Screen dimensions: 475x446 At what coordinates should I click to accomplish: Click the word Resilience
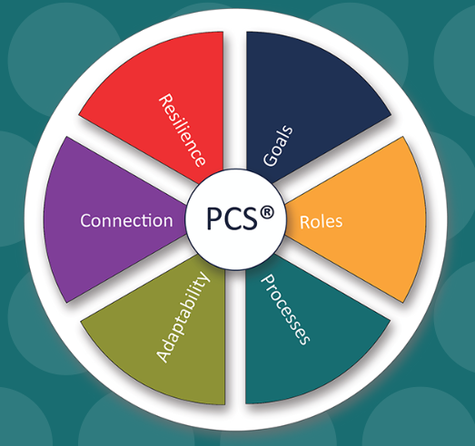[183, 130]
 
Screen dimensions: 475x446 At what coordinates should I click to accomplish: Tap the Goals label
[278, 145]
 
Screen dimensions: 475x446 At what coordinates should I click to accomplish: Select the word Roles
[322, 221]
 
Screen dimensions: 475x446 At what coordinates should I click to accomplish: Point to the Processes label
[285, 309]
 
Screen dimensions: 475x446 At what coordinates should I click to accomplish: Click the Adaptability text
[183, 317]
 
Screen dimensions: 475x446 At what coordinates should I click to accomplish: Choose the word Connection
[126, 220]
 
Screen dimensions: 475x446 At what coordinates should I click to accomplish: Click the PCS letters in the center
[232, 218]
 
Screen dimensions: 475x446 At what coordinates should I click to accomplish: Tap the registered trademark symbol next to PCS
[267, 212]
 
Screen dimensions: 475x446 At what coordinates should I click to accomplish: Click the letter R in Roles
[304, 222]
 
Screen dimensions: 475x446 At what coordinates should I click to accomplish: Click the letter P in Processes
[268, 280]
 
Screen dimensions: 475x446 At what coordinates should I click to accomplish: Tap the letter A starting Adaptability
[163, 356]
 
